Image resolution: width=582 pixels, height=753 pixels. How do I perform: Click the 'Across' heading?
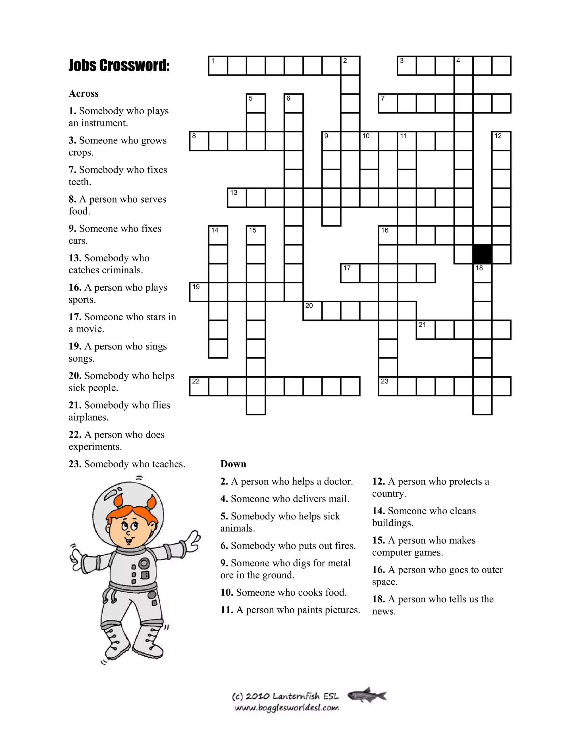[84, 93]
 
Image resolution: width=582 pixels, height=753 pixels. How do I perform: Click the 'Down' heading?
[233, 464]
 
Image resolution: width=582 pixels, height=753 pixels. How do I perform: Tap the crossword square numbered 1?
[218, 66]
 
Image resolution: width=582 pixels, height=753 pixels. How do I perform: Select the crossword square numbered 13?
[237, 197]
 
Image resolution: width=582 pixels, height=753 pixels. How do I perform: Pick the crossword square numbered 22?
[199, 386]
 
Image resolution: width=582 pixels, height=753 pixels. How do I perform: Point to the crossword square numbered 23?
[388, 386]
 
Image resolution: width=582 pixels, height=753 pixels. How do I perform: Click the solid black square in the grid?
[482, 254]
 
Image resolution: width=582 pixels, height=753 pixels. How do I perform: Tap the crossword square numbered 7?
[388, 103]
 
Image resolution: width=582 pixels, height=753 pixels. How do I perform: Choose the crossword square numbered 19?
[199, 292]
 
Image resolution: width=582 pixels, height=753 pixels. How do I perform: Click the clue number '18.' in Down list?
[378, 599]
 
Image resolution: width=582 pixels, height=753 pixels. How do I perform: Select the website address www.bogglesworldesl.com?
[287, 708]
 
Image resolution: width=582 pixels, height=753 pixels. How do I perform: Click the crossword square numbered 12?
[501, 141]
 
